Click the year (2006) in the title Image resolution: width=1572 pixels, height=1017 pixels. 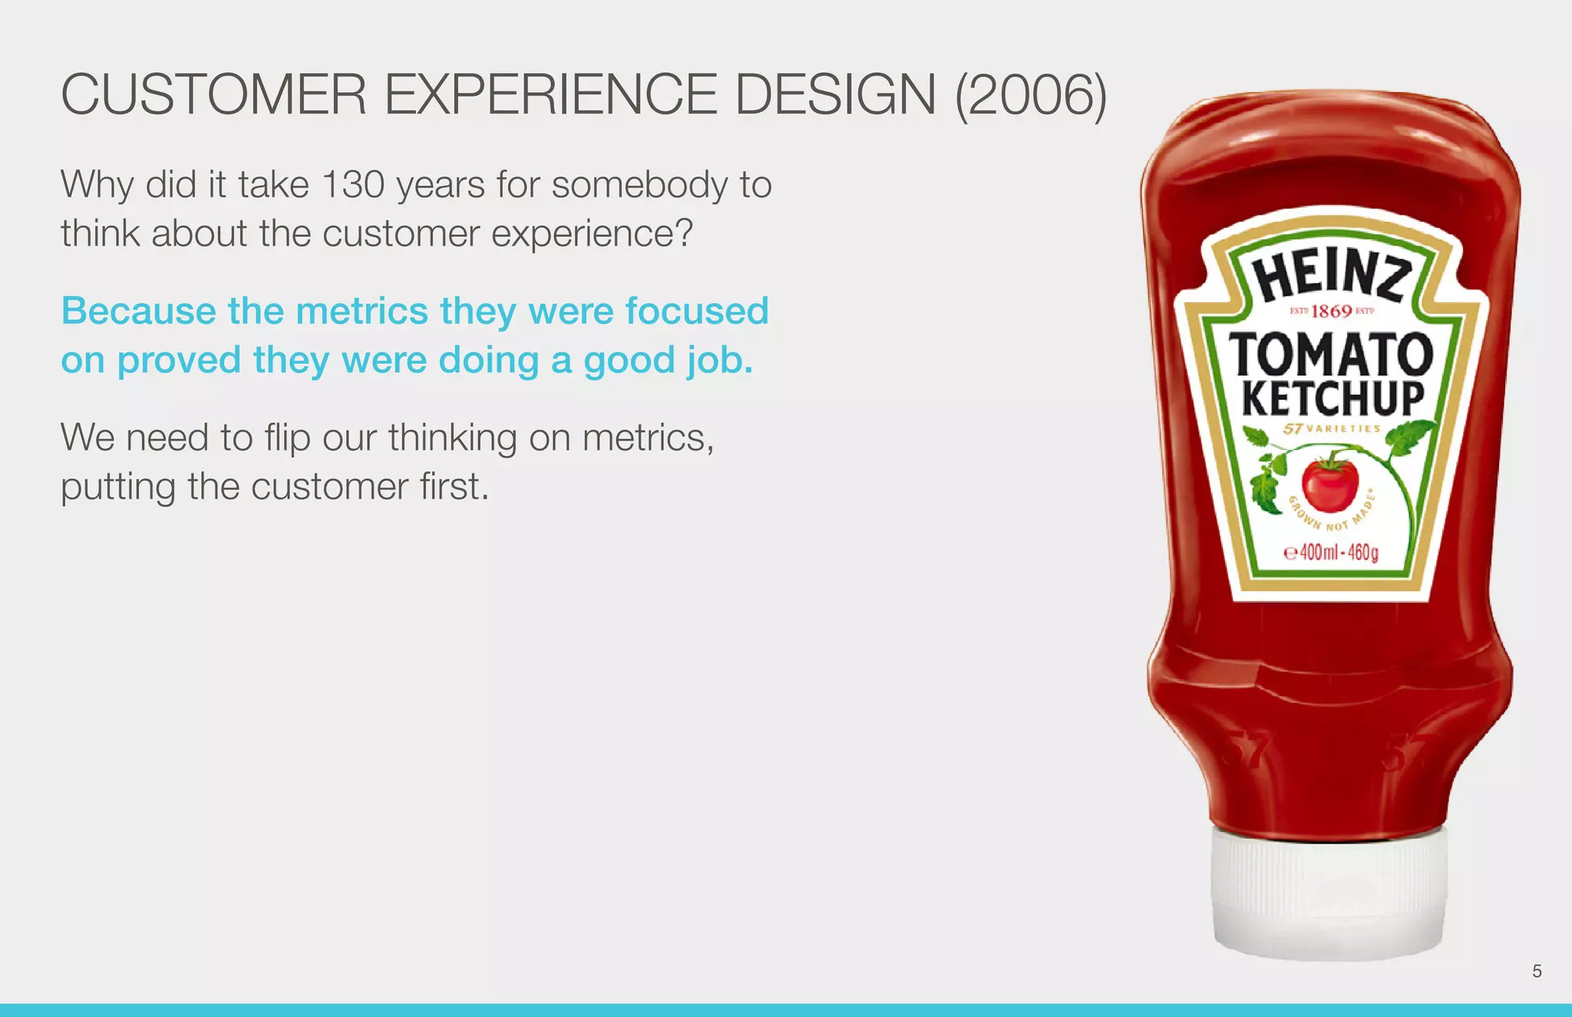tap(1030, 96)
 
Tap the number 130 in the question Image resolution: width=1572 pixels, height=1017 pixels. tap(353, 185)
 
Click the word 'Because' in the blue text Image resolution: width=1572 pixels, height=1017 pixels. tap(138, 312)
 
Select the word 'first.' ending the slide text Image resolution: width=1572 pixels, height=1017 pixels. tap(454, 487)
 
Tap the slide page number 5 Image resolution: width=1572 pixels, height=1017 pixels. tap(1537, 971)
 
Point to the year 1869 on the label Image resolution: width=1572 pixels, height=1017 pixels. tap(1332, 311)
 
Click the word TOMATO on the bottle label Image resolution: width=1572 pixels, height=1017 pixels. tap(1332, 355)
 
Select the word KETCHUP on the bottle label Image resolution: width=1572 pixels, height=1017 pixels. tap(1333, 398)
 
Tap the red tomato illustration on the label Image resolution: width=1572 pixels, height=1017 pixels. tap(1329, 484)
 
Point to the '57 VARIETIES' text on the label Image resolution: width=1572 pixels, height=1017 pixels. tap(1332, 429)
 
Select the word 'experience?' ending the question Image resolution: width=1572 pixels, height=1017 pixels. tap(592, 234)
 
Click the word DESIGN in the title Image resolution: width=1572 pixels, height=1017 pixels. tap(835, 96)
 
